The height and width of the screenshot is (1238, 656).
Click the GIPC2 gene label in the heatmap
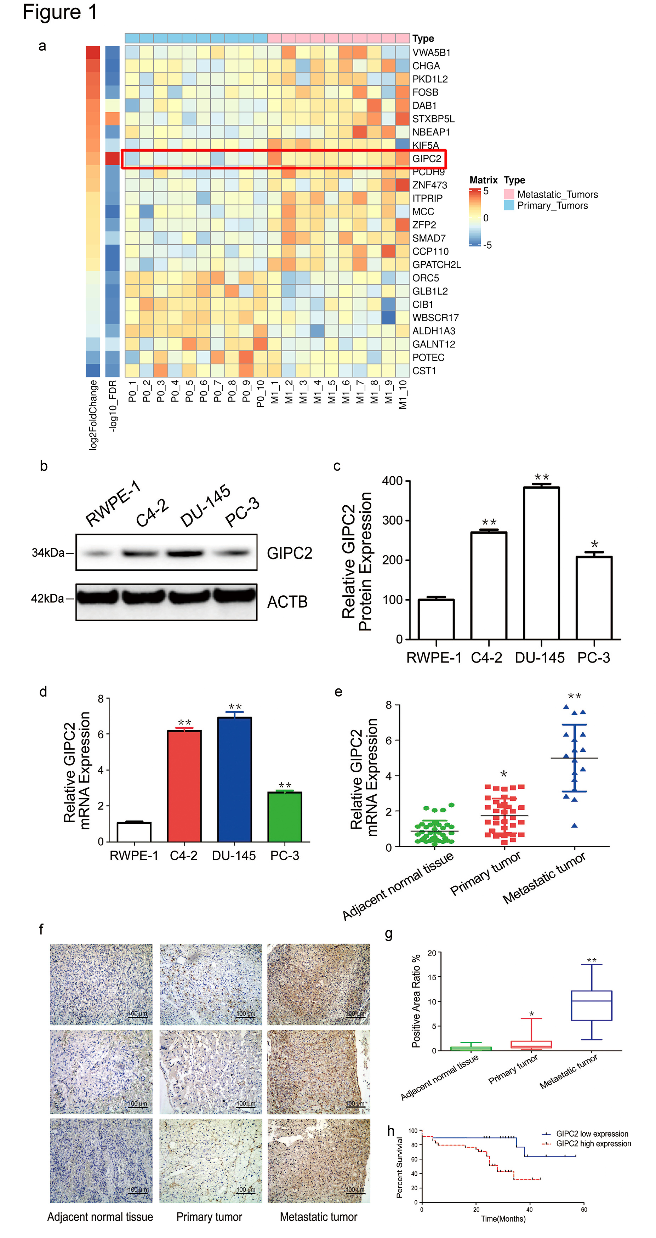click(426, 159)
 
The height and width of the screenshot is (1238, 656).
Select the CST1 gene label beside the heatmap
click(424, 370)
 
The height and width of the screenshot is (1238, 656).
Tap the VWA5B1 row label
click(431, 52)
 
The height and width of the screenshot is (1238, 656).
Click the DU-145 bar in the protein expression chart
click(541, 562)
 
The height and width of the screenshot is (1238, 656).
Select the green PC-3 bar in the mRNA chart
click(285, 817)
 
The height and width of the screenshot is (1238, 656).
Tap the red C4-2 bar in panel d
click(184, 785)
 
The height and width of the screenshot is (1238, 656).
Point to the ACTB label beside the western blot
click(287, 602)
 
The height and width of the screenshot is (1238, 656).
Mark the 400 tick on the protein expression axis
click(392, 481)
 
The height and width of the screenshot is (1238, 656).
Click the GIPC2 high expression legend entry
click(593, 1144)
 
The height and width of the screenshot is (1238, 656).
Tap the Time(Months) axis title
click(503, 1219)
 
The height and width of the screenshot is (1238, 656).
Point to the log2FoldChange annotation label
click(93, 415)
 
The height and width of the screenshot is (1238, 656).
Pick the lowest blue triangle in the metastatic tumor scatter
click(574, 826)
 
